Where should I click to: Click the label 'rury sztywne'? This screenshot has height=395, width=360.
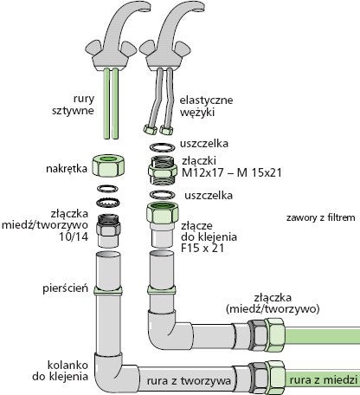pyautogui.click(x=74, y=105)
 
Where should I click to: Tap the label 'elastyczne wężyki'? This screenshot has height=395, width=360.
pyautogui.click(x=206, y=106)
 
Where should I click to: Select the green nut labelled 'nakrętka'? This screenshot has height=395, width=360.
pyautogui.click(x=107, y=165)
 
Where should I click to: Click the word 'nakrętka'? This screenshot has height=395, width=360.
pyautogui.click(x=67, y=168)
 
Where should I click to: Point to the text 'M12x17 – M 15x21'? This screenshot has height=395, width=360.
pyautogui.click(x=232, y=172)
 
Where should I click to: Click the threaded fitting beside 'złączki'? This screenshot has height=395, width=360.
pyautogui.click(x=163, y=171)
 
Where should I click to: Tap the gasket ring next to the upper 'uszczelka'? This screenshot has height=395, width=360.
pyautogui.click(x=163, y=147)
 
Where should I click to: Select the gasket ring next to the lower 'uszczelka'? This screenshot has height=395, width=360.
pyautogui.click(x=164, y=195)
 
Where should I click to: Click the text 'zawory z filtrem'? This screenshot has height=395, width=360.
pyautogui.click(x=321, y=217)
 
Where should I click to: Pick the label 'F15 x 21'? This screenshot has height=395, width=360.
pyautogui.click(x=202, y=248)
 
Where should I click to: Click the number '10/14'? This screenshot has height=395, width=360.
pyautogui.click(x=74, y=236)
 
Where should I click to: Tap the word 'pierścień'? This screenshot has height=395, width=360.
pyautogui.click(x=66, y=288)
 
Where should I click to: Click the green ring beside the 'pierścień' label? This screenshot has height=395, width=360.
pyautogui.click(x=108, y=290)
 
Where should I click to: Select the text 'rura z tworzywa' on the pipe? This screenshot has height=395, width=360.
pyautogui.click(x=189, y=380)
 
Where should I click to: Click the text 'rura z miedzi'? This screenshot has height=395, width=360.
pyautogui.click(x=324, y=380)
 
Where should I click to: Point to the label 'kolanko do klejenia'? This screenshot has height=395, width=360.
pyautogui.click(x=60, y=371)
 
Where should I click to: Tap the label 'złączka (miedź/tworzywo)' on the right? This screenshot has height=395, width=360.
pyautogui.click(x=273, y=303)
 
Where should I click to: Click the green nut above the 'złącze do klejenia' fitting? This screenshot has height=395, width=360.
pyautogui.click(x=163, y=213)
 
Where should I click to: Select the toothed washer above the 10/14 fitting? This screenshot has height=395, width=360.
pyautogui.click(x=107, y=201)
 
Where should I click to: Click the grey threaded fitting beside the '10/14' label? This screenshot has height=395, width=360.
pyautogui.click(x=108, y=230)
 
